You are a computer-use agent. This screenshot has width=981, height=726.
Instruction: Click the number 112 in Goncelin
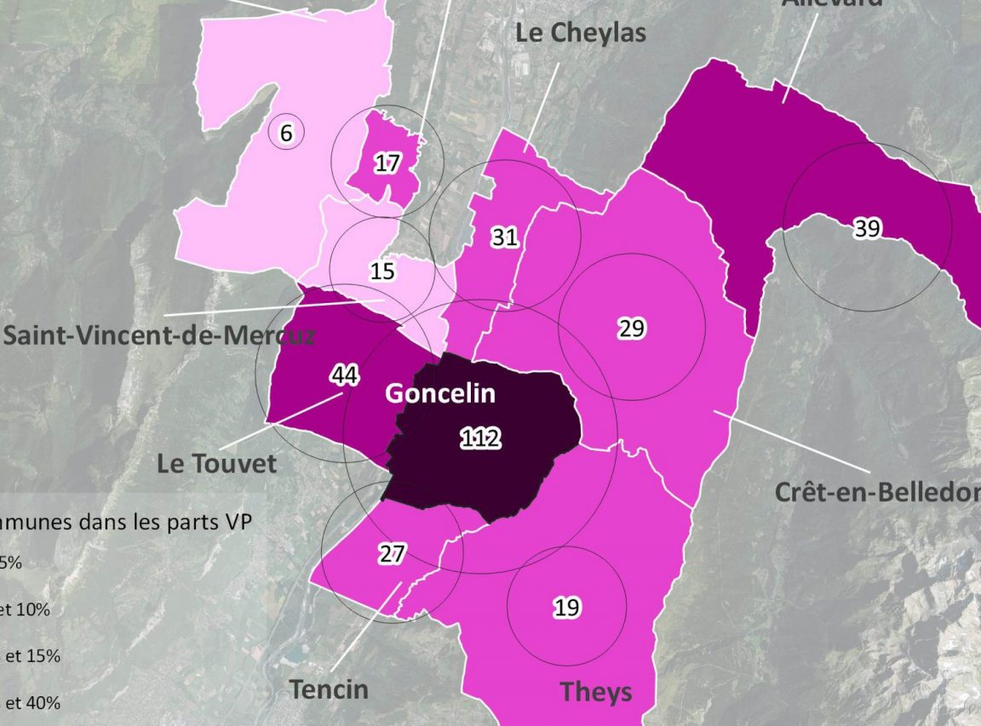(x=480, y=439)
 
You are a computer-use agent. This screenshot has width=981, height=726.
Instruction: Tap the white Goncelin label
(x=439, y=394)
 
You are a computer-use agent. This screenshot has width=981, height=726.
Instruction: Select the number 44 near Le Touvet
(x=344, y=375)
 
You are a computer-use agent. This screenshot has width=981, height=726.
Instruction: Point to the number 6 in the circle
(x=286, y=133)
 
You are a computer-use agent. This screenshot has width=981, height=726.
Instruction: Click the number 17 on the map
(x=387, y=163)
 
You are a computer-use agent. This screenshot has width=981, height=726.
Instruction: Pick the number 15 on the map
(x=383, y=272)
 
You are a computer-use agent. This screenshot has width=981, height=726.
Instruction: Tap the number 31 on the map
(x=505, y=237)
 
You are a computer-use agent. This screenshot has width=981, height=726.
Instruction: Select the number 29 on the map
(x=632, y=329)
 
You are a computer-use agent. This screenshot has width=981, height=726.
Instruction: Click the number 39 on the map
(x=867, y=228)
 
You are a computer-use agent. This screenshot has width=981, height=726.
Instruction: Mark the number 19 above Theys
(x=566, y=607)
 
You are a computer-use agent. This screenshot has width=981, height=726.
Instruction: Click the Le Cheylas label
(x=581, y=33)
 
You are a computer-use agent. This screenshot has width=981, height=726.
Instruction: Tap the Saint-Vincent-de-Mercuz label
(x=158, y=334)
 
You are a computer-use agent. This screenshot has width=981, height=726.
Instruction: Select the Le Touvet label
(x=217, y=464)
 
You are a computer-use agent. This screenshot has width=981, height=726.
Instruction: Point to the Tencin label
(x=329, y=689)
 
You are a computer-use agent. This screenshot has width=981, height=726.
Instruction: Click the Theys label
(x=596, y=692)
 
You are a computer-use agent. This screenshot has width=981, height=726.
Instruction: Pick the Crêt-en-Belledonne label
(x=877, y=493)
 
